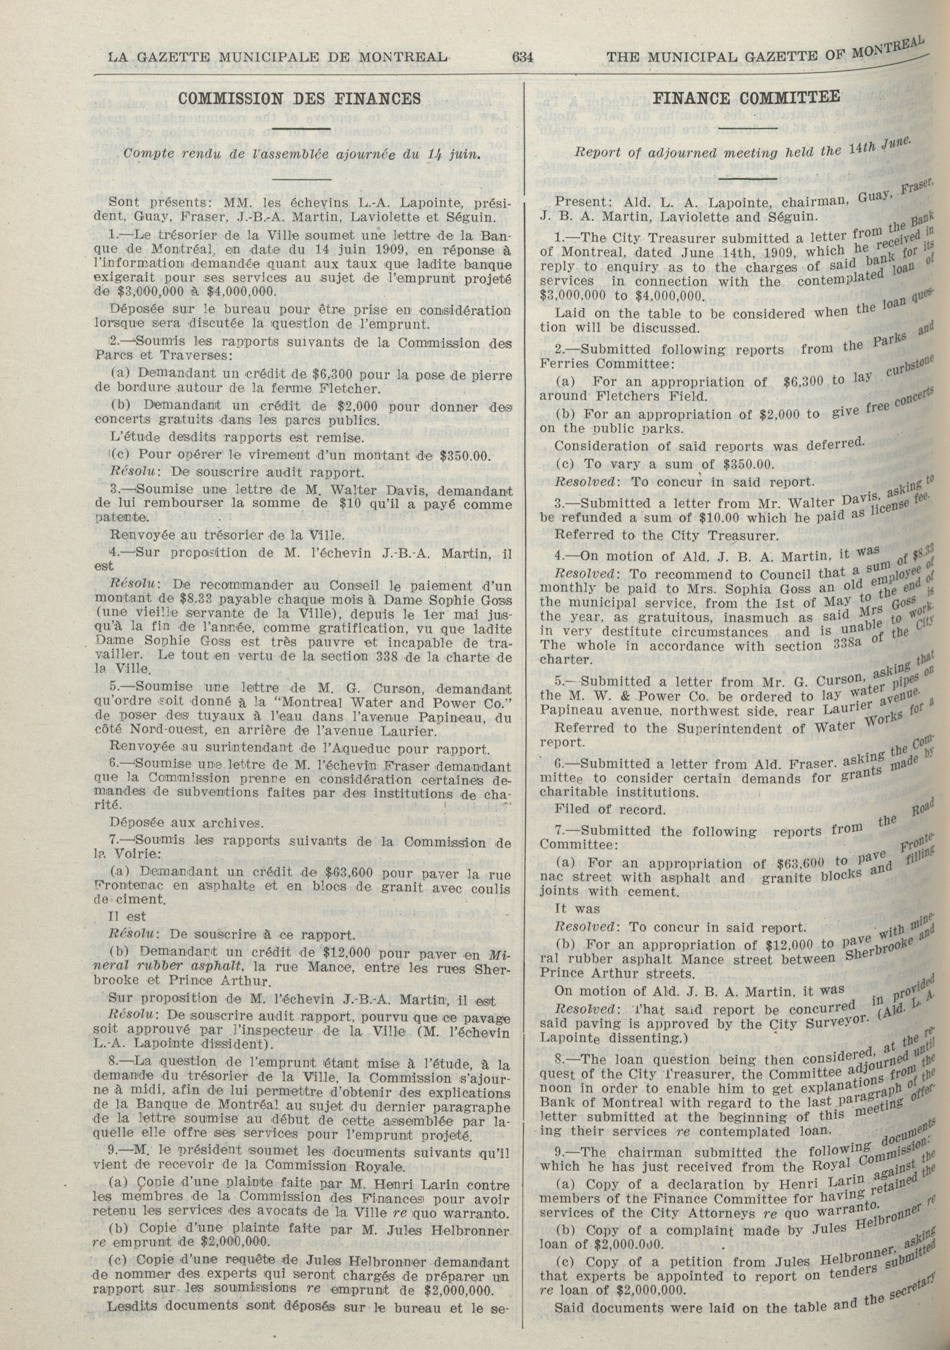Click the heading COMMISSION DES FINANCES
tap(300, 98)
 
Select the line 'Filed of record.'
tap(610, 810)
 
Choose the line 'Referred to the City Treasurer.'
tap(667, 536)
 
